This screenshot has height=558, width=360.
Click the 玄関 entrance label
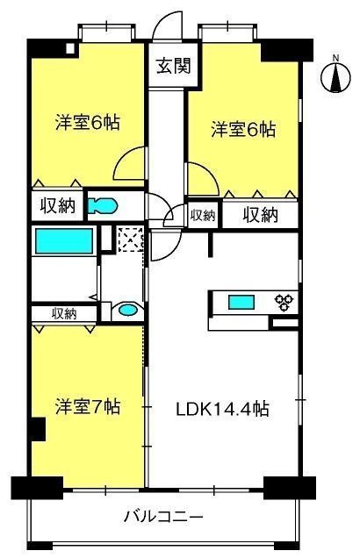pyautogui.click(x=174, y=66)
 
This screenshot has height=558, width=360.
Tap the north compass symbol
pyautogui.click(x=335, y=75)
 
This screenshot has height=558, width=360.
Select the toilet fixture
pyautogui.click(x=103, y=205)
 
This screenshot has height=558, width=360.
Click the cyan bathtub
pyautogui.click(x=64, y=241)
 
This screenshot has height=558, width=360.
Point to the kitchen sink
pyautogui.click(x=241, y=302)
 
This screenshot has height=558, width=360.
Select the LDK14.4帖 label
pyautogui.click(x=222, y=409)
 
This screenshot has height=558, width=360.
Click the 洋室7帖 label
pyautogui.click(x=88, y=407)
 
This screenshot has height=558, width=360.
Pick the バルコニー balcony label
pyautogui.click(x=163, y=516)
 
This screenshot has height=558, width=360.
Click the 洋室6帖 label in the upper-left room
pyautogui.click(x=88, y=123)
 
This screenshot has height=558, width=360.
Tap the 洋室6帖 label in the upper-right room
pyautogui.click(x=243, y=130)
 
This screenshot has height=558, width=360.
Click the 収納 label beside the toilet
pyautogui.click(x=57, y=205)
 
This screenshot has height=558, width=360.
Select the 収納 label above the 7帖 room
pyautogui.click(x=64, y=313)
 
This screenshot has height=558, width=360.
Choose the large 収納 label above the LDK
pyautogui.click(x=260, y=215)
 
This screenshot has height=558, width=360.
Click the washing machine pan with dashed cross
pyautogui.click(x=130, y=239)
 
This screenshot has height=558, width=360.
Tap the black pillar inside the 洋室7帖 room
pyautogui.click(x=39, y=430)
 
